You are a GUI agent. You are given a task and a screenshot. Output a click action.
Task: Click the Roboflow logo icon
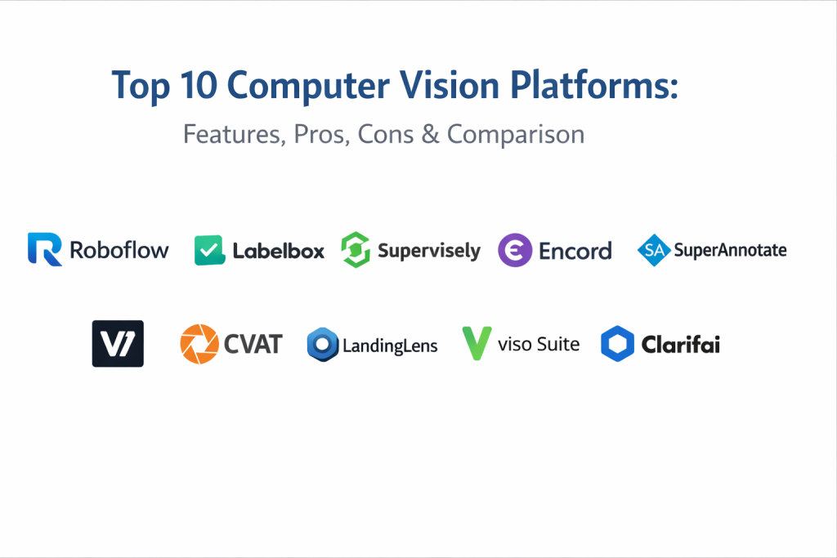[x=45, y=249]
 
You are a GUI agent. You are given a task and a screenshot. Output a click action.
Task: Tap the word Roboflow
[x=119, y=250]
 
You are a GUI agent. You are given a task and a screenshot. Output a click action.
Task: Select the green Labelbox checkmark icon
[x=209, y=250]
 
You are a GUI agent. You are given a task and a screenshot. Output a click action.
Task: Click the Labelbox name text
[x=278, y=251]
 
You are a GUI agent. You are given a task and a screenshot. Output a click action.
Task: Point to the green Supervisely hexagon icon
[x=356, y=250]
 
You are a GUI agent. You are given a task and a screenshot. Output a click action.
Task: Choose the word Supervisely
[x=429, y=251]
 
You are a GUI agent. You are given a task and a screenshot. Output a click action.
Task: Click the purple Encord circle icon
[x=515, y=250]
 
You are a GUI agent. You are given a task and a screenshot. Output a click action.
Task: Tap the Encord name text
[x=575, y=250]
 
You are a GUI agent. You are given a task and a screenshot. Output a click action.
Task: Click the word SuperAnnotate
[x=730, y=250]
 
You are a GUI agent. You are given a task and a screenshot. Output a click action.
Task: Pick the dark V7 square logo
[x=118, y=343]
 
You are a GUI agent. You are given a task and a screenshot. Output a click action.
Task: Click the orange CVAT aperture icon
[x=199, y=343]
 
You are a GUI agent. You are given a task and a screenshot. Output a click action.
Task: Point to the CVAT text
[x=253, y=344]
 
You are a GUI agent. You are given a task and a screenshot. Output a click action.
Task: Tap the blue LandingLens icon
[x=323, y=345]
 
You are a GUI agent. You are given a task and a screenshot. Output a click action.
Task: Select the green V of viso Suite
[x=477, y=343]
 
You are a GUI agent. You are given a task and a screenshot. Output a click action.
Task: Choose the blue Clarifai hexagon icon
[x=617, y=344]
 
